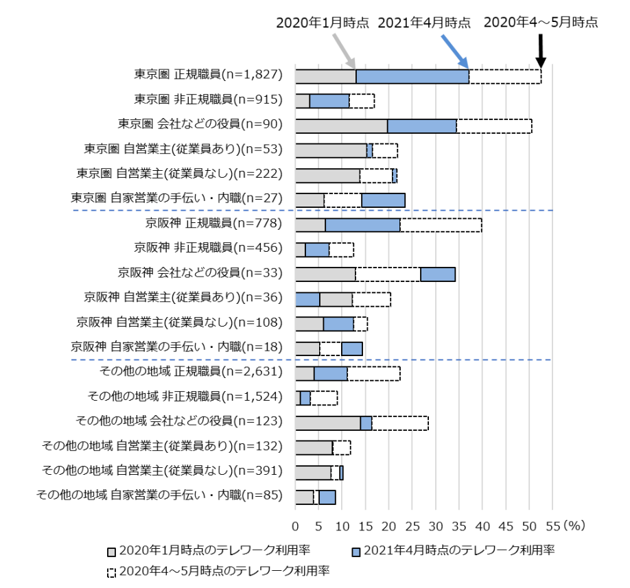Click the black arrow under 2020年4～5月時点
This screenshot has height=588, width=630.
[541, 49]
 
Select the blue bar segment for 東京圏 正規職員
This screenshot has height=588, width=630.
[412, 77]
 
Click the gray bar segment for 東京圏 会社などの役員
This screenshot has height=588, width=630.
[341, 126]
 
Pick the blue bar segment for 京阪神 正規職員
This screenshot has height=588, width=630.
[362, 225]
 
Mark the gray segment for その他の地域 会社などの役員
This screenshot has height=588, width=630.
[327, 423]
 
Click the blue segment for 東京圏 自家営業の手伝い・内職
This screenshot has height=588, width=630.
[383, 200]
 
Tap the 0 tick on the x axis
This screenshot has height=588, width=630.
[296, 526]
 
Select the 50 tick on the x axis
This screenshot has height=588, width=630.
[529, 526]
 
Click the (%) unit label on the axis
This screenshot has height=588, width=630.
[570, 526]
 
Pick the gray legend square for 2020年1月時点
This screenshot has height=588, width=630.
[111, 551]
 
